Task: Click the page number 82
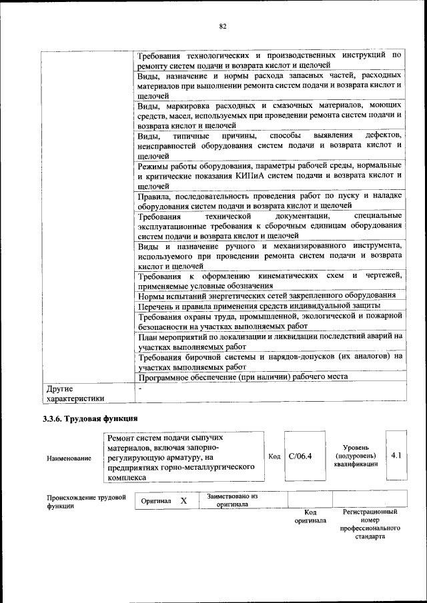pyautogui.click(x=223, y=27)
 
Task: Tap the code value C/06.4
pyautogui.click(x=301, y=456)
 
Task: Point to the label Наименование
pyautogui.click(x=69, y=458)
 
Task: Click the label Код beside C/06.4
pyautogui.click(x=274, y=456)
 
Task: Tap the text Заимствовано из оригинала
pyautogui.click(x=232, y=500)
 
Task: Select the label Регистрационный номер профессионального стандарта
pyautogui.click(x=370, y=523)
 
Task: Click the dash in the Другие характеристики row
pyautogui.click(x=140, y=387)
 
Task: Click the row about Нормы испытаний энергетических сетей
pyautogui.click(x=267, y=295)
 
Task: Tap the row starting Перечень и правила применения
pyautogui.click(x=260, y=305)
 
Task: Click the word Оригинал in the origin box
pyautogui.click(x=157, y=500)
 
